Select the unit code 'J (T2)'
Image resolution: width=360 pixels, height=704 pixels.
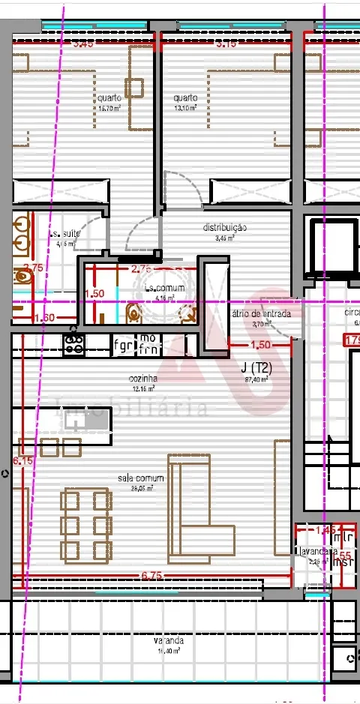click(x=255, y=368)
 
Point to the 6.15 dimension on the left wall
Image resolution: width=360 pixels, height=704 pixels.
click(x=22, y=462)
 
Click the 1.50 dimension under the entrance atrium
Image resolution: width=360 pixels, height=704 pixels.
click(x=259, y=345)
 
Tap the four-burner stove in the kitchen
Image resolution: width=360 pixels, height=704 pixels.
click(x=74, y=343)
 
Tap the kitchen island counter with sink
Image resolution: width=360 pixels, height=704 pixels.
click(x=84, y=421)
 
